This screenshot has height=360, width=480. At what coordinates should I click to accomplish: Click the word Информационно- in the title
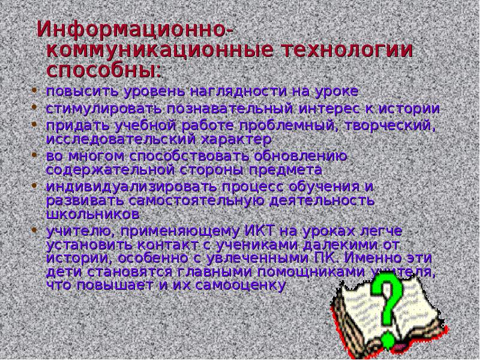pyautogui.click(x=136, y=29)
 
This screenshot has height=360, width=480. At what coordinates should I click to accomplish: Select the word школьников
pyautogui.click(x=94, y=213)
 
